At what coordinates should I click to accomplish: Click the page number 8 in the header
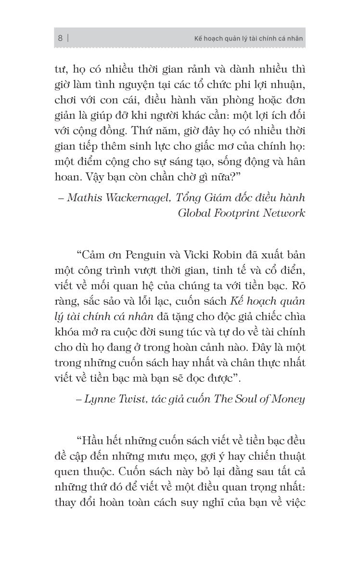pyautogui.click(x=60, y=39)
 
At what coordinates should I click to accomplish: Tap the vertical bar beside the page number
pyautogui.click(x=68, y=39)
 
